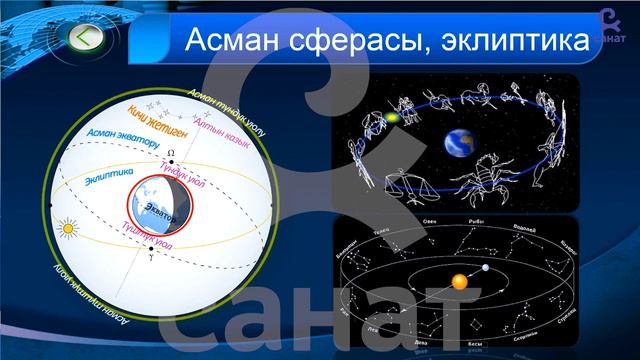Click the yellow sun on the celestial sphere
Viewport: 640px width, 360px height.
tap(68, 231)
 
